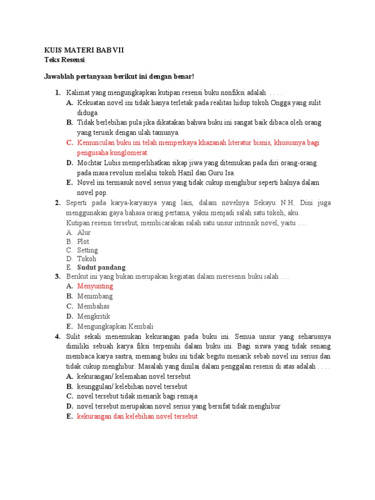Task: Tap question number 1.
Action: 57,92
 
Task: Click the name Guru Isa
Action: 222,172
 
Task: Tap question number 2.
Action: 57,203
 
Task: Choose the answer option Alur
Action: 84,232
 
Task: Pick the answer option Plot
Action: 83,241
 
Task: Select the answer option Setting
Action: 87,250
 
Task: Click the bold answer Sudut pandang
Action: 101,268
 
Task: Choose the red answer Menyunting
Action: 95,286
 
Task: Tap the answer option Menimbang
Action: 95,296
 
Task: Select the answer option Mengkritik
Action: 94,316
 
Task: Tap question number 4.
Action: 57,336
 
